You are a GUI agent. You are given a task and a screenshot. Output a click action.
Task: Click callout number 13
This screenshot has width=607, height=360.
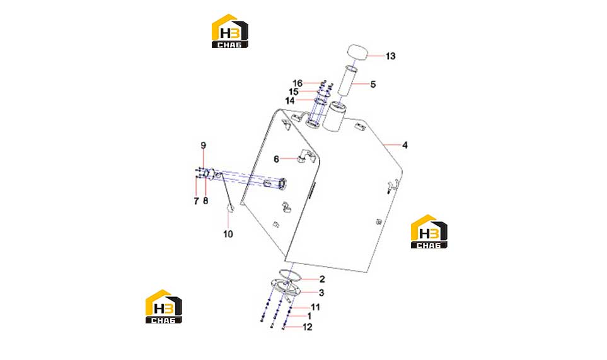(x=390, y=56)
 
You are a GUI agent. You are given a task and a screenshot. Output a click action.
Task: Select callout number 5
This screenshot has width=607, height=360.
(x=373, y=84)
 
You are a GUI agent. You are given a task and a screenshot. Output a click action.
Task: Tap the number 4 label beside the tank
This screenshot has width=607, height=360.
(x=405, y=145)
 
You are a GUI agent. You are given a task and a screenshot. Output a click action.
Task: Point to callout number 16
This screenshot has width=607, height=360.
(x=298, y=83)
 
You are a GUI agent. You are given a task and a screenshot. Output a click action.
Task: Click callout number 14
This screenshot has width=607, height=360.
(x=290, y=101)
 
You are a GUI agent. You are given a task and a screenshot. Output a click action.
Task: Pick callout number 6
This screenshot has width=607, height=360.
(x=276, y=159)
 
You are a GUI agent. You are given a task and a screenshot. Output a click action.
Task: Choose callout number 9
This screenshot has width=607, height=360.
(x=203, y=146)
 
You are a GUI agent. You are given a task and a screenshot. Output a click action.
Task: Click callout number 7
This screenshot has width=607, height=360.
(x=196, y=201)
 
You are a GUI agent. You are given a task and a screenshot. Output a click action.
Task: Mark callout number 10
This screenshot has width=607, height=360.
(x=228, y=234)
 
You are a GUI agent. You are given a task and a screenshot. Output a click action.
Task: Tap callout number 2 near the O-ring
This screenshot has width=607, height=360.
(x=322, y=279)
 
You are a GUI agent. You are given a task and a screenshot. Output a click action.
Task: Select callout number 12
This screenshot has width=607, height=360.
(x=308, y=327)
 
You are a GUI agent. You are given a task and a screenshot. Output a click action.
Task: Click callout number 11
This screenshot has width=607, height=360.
(x=316, y=307)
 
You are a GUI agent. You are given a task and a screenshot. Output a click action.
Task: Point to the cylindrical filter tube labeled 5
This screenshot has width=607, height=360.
(x=348, y=81)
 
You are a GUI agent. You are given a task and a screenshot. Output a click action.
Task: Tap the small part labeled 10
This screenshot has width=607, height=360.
(x=229, y=209)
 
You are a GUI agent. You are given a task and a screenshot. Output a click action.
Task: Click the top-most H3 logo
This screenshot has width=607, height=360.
(x=229, y=31)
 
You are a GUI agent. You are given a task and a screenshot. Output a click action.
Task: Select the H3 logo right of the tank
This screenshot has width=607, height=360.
(x=429, y=231)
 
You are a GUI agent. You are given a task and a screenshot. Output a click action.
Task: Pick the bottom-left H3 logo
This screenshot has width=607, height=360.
(x=164, y=306)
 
